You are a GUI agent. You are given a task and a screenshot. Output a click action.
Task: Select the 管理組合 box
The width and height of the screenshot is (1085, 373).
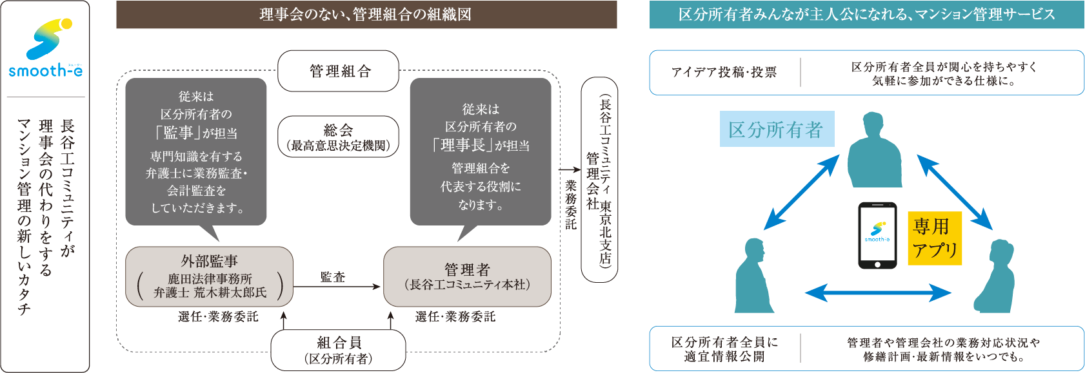click(x=338, y=71)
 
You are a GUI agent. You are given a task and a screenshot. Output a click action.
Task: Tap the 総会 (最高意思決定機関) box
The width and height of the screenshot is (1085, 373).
click(x=338, y=137)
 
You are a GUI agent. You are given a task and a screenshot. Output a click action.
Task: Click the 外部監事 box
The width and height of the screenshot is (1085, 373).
click(x=209, y=276)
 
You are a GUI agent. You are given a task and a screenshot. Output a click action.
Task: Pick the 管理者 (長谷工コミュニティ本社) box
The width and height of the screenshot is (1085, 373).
click(x=467, y=276)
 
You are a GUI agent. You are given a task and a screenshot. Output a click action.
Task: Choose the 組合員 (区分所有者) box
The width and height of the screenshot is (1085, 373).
click(x=338, y=350)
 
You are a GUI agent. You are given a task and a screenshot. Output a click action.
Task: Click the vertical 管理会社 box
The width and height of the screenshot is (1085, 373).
click(x=599, y=180)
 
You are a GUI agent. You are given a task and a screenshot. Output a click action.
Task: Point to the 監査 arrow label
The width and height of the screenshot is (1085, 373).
click(x=333, y=277)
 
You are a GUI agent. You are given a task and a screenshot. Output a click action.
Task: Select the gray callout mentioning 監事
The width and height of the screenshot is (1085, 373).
click(x=196, y=151)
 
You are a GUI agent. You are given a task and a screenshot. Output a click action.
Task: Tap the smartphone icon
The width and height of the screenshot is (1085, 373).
click(x=877, y=235)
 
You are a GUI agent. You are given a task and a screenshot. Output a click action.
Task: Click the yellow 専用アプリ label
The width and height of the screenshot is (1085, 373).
click(x=935, y=238)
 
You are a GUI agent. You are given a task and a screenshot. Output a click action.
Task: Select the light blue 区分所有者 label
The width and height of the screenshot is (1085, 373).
click(x=776, y=129)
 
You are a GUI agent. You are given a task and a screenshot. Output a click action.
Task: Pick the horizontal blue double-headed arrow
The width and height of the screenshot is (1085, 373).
click(x=878, y=294)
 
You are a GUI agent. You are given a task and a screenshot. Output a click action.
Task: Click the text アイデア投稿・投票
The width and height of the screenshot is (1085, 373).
click(x=724, y=72)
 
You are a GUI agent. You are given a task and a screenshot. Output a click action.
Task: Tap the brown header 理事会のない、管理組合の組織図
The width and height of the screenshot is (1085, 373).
click(x=366, y=15)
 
